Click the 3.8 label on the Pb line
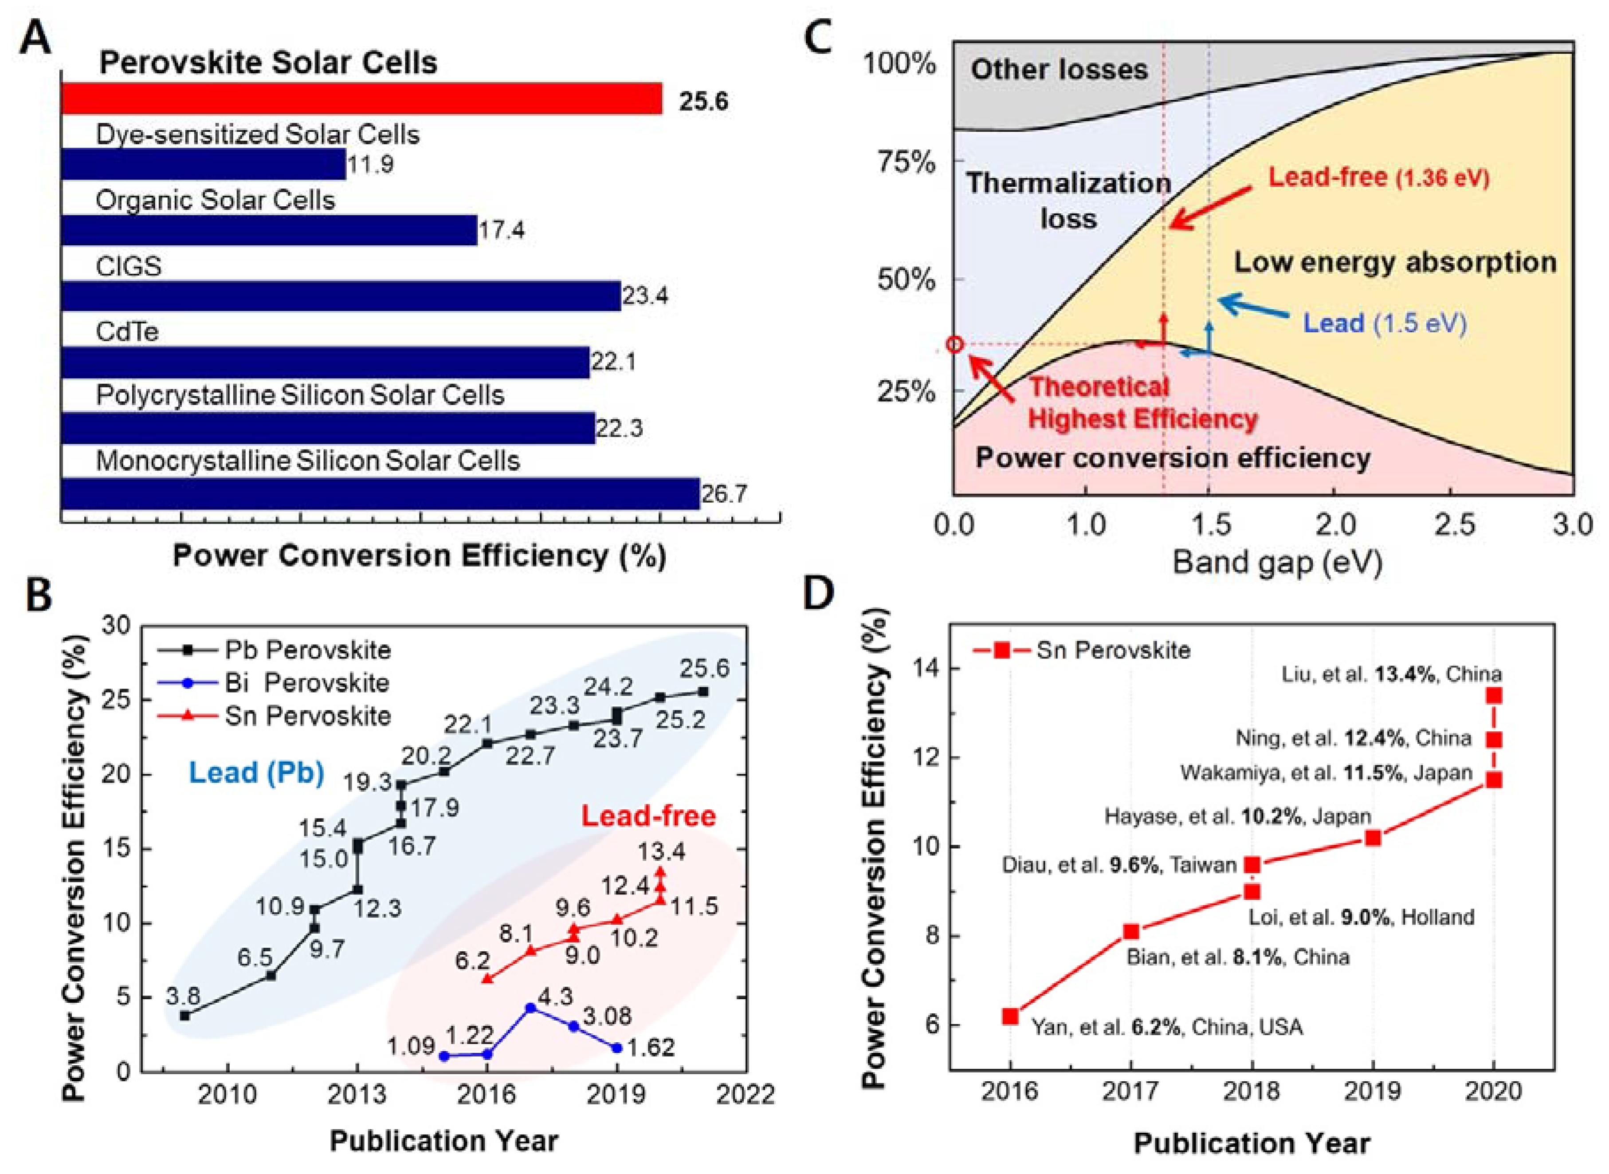pos(183,995)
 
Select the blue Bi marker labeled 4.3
pos(530,1008)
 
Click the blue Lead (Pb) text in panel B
pos(256,772)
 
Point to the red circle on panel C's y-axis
pos(955,345)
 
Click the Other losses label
pos(1059,70)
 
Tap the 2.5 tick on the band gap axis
pos(1454,526)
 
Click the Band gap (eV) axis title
pos(1276,563)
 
